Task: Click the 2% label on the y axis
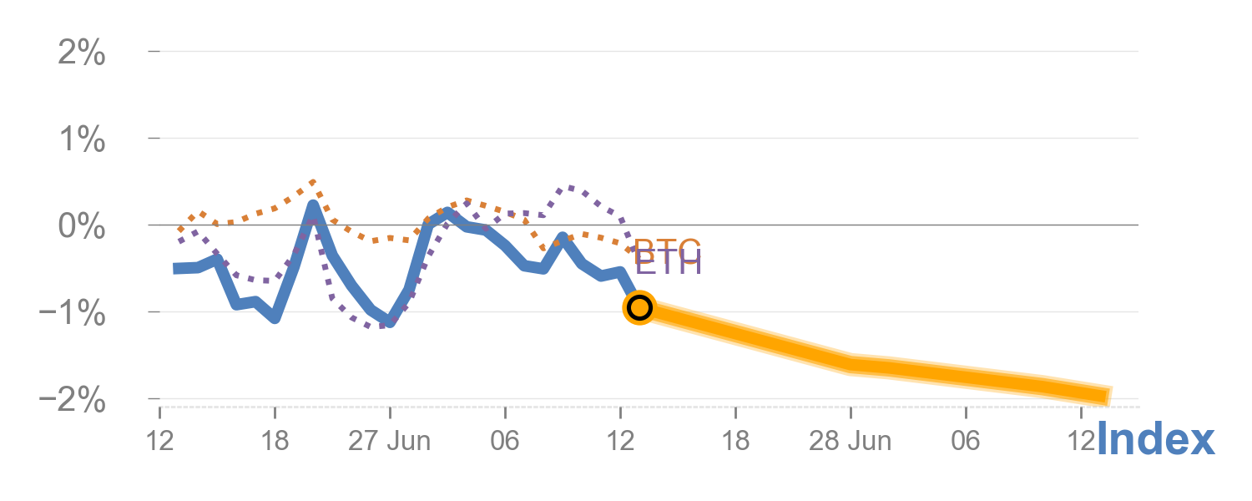pyautogui.click(x=82, y=55)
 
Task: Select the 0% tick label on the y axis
pyautogui.click(x=82, y=227)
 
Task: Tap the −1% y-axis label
pyautogui.click(x=73, y=314)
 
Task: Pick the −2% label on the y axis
pyautogui.click(x=73, y=401)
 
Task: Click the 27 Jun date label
pyautogui.click(x=390, y=441)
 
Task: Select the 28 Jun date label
pyautogui.click(x=851, y=441)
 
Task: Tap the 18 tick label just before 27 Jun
pyautogui.click(x=275, y=441)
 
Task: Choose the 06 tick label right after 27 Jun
pyautogui.click(x=505, y=441)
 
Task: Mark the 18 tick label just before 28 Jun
pyautogui.click(x=735, y=441)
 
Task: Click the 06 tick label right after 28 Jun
pyautogui.click(x=966, y=441)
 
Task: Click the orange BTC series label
pyautogui.click(x=667, y=248)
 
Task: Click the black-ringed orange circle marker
pyautogui.click(x=639, y=308)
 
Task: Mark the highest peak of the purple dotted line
pyautogui.click(x=571, y=187)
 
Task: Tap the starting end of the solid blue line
pyautogui.click(x=176, y=268)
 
